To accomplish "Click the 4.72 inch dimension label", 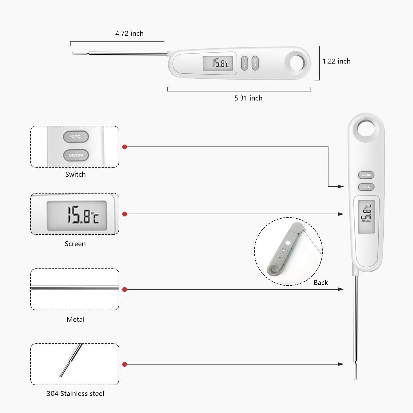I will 129,33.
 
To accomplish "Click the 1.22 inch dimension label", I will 336,61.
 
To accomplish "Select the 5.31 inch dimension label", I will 248,98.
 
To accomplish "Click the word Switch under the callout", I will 75,174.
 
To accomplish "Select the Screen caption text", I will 75,244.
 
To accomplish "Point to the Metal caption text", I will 75,320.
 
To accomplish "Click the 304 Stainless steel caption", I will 75,394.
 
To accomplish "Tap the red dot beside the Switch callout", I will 125,147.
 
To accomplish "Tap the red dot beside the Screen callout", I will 125,214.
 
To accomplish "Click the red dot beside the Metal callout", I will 125,290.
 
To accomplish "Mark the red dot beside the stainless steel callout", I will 125,364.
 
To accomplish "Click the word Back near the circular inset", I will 321,283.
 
